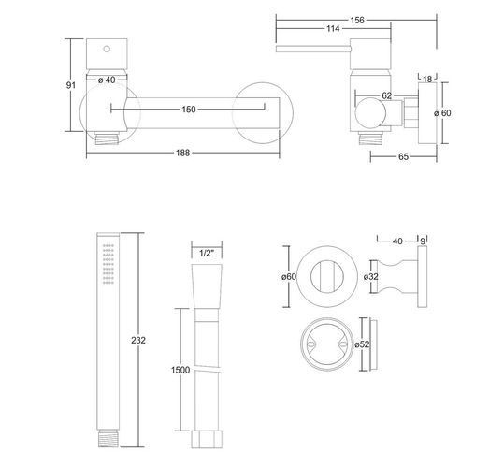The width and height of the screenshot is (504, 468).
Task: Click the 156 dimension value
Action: tap(357, 21)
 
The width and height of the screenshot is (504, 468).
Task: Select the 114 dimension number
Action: tap(333, 29)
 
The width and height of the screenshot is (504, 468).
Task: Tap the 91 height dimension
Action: tap(71, 85)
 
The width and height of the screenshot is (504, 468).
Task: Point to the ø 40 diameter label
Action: tap(107, 80)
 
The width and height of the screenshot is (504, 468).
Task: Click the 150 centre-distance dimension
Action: tap(188, 110)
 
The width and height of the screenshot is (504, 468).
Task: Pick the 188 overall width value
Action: tap(182, 153)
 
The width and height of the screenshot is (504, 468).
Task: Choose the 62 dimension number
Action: tap(387, 95)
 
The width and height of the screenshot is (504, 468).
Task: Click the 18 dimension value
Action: tap(427, 80)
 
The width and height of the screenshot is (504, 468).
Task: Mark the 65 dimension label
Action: tap(403, 156)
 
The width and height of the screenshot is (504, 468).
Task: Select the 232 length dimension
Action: tap(138, 340)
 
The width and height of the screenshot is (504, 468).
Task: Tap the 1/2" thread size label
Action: tap(207, 253)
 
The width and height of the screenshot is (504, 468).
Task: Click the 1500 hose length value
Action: tap(180, 370)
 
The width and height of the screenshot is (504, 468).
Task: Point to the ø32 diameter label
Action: tap(371, 277)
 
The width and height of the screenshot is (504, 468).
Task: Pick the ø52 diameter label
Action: tap(362, 344)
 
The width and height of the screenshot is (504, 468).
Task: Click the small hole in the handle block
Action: tap(107, 49)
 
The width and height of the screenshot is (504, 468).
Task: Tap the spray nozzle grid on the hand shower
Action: tap(108, 264)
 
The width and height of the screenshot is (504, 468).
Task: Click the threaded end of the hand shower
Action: tap(108, 438)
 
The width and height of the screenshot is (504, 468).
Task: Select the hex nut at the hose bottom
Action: tap(207, 439)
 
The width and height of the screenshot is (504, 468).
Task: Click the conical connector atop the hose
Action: tap(207, 286)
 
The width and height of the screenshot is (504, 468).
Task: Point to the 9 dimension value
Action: tap(423, 241)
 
